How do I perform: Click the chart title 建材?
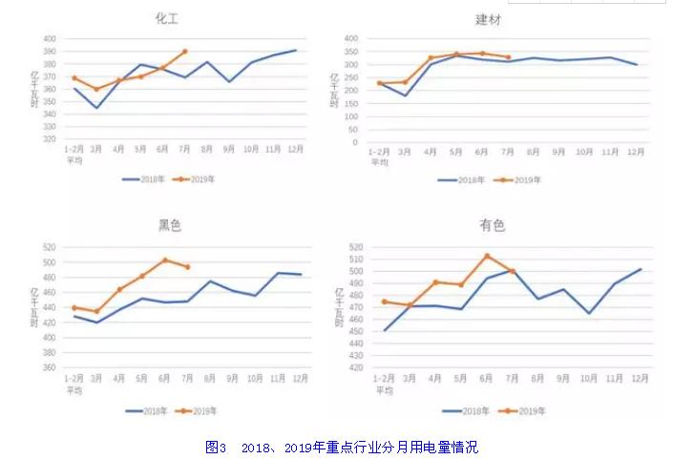487,19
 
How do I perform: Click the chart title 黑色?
170,226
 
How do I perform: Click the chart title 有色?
492,226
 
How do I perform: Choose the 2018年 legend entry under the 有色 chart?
465,411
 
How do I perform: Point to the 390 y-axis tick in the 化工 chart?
50,52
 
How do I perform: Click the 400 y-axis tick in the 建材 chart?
350,39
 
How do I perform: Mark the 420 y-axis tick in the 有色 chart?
355,367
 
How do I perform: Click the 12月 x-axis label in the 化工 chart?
296,149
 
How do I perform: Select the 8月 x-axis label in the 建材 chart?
534,152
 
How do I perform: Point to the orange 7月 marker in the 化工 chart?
184,52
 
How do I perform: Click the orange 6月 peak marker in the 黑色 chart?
165,260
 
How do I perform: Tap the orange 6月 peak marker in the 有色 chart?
487,256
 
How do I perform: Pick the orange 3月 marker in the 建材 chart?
405,82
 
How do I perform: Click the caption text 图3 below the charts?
215,447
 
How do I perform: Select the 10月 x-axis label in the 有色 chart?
589,378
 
